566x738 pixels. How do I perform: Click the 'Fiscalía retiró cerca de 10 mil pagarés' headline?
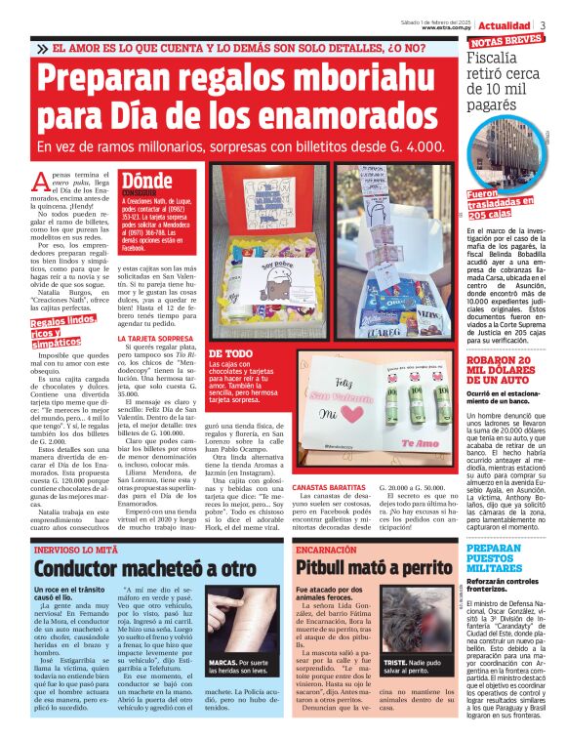[503, 84]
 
